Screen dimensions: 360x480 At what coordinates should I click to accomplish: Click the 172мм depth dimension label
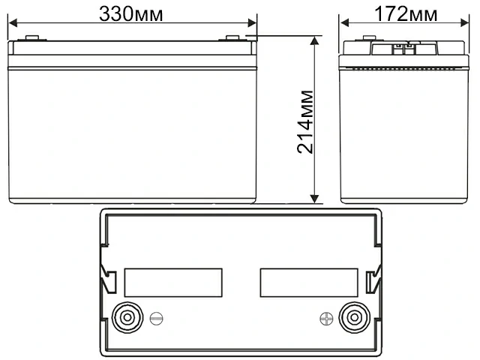[x=408, y=13]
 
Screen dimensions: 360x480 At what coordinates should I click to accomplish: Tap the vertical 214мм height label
[x=306, y=122]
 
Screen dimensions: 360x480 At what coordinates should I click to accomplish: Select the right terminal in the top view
[x=352, y=316]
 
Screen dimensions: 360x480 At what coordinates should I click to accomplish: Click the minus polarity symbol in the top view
[x=155, y=317]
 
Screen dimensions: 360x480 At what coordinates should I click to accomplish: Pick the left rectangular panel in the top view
[x=173, y=282]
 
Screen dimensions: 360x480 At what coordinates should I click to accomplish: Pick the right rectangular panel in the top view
[x=308, y=282]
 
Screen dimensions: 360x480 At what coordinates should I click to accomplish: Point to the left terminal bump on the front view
[x=31, y=39]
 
